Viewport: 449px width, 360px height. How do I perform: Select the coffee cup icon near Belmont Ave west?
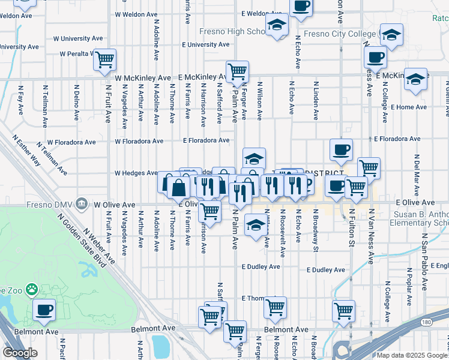click(x=44, y=310)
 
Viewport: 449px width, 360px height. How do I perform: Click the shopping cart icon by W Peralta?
click(x=104, y=59)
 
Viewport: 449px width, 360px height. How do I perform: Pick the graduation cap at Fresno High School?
click(x=277, y=25)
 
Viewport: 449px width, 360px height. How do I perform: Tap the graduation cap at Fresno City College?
click(x=391, y=35)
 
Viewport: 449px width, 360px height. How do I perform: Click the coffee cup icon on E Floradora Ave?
click(x=341, y=149)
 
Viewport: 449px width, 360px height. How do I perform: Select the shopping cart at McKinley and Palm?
click(x=238, y=71)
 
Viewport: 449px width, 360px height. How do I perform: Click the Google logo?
click(x=20, y=352)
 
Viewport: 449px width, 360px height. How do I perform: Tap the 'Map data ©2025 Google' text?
click(x=411, y=355)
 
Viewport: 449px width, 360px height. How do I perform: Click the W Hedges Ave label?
click(x=136, y=173)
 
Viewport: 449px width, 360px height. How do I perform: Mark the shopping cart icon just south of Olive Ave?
click(x=209, y=211)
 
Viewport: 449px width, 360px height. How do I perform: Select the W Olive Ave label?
click(x=114, y=205)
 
